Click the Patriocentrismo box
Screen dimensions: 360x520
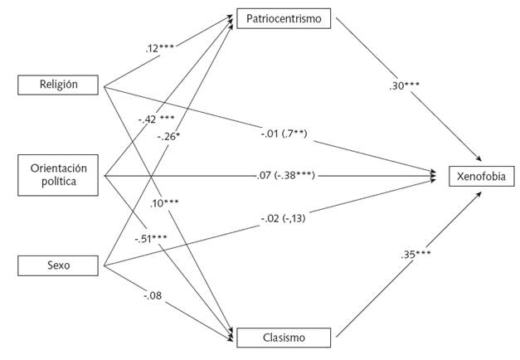(x=284, y=17)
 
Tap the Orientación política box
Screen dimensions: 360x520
(x=59, y=174)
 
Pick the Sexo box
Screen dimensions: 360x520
(x=59, y=266)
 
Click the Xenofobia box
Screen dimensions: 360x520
(x=480, y=175)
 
